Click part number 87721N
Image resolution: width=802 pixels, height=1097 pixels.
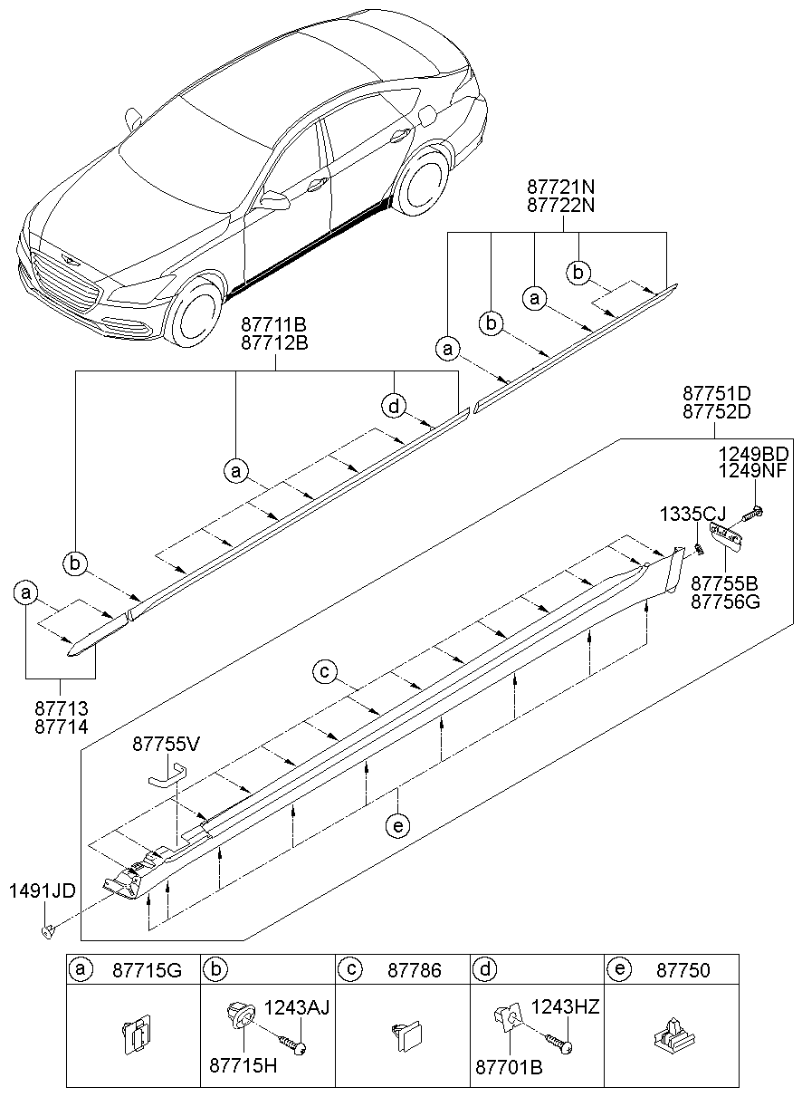coord(560,187)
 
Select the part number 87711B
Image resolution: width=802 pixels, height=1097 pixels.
coord(274,324)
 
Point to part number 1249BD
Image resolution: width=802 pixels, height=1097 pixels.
coord(753,453)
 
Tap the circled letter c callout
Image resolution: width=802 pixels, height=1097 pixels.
coord(326,672)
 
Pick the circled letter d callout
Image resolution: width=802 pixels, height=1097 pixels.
coord(394,408)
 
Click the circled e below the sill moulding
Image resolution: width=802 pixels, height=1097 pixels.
coord(396,825)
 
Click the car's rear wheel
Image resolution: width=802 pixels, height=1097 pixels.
coord(424,188)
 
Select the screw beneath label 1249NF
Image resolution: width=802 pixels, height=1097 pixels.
coord(752,515)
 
